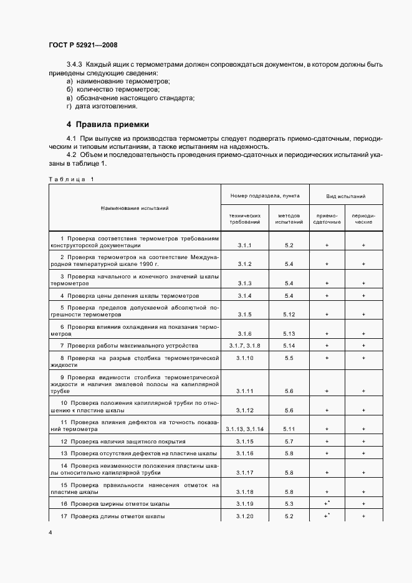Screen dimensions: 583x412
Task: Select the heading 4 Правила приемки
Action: tap(108, 124)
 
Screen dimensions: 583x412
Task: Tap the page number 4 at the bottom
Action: tap(50, 533)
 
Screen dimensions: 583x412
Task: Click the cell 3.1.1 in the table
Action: tap(244, 245)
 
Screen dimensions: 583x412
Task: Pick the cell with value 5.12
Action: tap(289, 314)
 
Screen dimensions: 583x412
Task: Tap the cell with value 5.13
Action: tap(289, 333)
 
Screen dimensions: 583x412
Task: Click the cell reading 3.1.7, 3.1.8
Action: tap(244, 345)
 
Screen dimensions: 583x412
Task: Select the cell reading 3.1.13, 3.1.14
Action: tap(244, 429)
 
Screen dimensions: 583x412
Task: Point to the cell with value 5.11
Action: tap(289, 429)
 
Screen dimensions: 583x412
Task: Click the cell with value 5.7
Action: tap(289, 441)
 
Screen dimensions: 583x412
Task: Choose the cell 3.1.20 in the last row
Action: tap(244, 516)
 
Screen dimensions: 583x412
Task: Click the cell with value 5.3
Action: tap(289, 503)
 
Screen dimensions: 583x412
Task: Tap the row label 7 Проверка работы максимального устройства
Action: tap(128, 345)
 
